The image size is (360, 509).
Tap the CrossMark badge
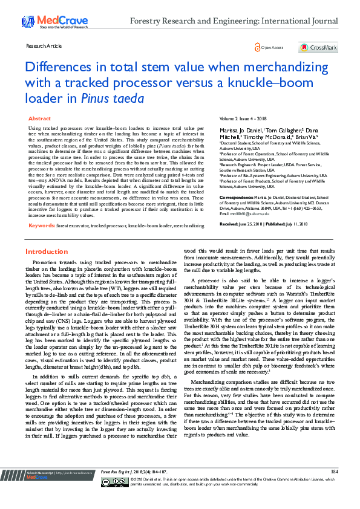click(x=318, y=48)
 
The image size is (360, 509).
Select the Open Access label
click(x=272, y=48)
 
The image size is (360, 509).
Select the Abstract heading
click(x=40, y=119)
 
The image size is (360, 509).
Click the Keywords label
click(x=42, y=225)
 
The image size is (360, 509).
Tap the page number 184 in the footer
click(x=333, y=488)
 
